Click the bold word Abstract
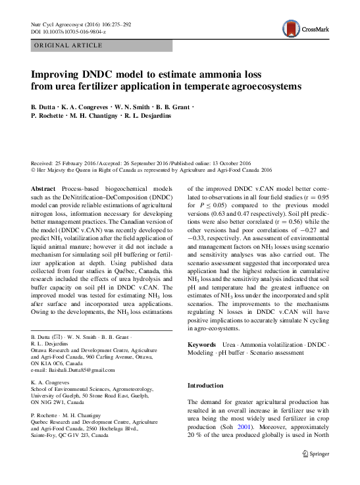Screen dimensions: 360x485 coord(43,189)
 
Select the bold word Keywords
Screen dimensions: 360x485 coord(201,345)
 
